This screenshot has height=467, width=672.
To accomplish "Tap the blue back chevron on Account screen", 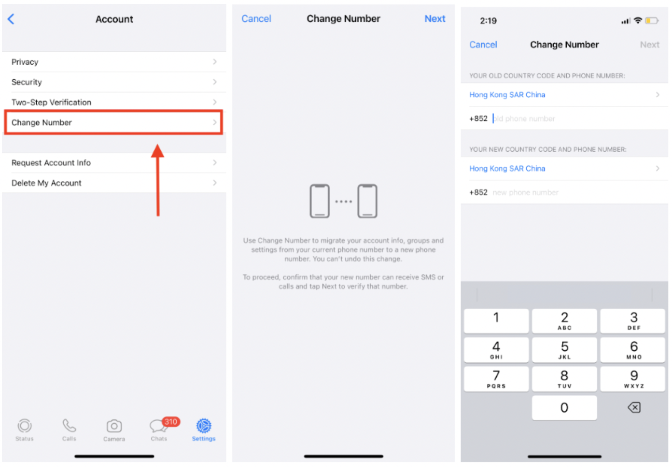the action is [x=11, y=19].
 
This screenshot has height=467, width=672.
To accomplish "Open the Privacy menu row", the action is [x=114, y=62].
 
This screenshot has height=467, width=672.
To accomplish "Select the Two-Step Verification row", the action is [x=114, y=102].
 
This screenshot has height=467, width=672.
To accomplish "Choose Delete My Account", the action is [x=114, y=183].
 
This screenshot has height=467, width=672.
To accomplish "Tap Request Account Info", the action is [x=114, y=163].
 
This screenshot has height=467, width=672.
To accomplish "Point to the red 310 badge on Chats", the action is [x=171, y=422].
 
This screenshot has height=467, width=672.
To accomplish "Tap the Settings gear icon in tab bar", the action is [x=204, y=425].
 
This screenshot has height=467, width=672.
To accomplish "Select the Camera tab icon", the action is [x=114, y=426].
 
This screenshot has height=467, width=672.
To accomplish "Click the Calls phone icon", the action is [x=69, y=425].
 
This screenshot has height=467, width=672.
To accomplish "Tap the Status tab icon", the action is [x=25, y=425].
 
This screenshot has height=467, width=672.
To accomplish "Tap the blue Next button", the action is [x=435, y=19].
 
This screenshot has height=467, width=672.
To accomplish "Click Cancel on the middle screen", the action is [x=256, y=19].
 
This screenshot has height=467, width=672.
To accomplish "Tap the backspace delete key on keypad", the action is [x=634, y=407].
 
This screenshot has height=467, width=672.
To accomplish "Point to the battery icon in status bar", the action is [x=652, y=21].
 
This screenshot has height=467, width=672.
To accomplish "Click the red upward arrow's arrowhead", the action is [x=158, y=151].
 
